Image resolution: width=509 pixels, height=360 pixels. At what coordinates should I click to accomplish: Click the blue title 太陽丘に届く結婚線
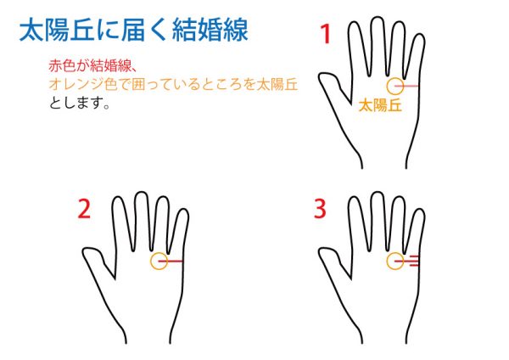134,31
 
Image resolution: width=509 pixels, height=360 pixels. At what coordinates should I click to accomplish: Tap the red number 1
326,34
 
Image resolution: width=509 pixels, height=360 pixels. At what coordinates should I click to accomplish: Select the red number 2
84,209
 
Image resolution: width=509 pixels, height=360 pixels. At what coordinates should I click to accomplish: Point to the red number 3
320,209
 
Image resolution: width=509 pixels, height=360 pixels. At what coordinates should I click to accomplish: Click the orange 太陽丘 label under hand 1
380,105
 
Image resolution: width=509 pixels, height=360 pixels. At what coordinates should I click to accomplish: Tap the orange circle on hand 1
388,86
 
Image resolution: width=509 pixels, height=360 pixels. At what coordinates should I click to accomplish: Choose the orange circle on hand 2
151,262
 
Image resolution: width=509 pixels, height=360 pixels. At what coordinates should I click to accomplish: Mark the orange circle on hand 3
388,262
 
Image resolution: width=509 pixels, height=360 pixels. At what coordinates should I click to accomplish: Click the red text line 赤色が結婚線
92,66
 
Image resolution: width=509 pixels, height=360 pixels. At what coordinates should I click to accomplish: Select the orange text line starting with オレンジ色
173,84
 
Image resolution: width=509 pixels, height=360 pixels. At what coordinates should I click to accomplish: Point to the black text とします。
80,103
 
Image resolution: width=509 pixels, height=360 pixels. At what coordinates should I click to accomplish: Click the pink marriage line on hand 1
406,86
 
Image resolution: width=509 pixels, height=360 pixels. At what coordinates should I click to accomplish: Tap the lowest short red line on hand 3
414,266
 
